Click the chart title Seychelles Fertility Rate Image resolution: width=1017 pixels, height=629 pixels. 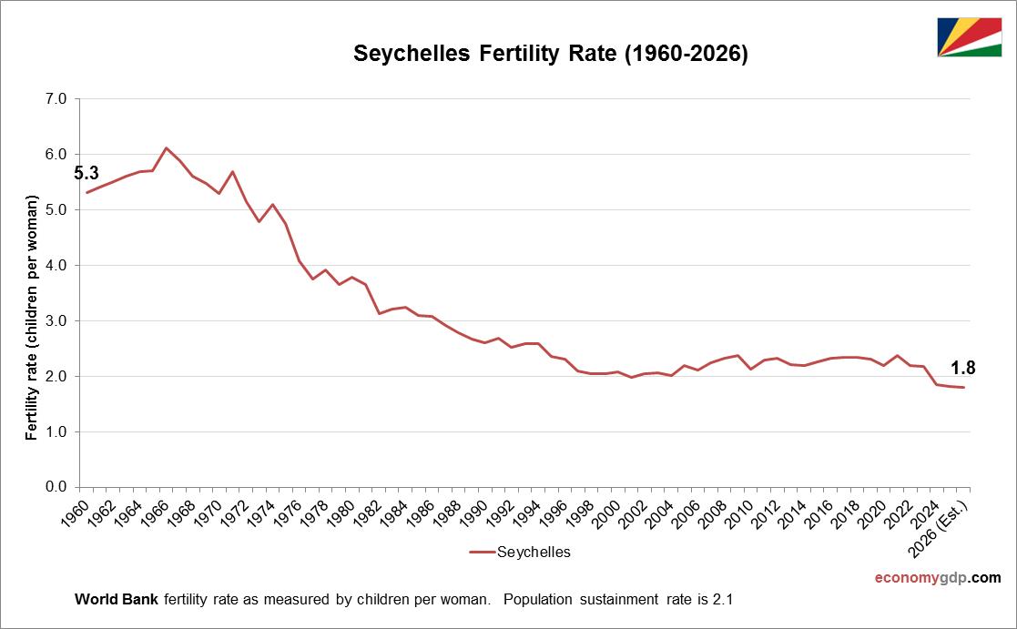[x=550, y=55]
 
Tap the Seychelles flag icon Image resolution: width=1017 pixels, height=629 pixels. [x=970, y=37]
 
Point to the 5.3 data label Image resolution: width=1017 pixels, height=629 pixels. [x=86, y=173]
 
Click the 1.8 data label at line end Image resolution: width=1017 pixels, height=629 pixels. [x=963, y=368]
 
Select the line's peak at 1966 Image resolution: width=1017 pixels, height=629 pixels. [x=166, y=147]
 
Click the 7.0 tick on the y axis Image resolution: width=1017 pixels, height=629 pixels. [x=56, y=98]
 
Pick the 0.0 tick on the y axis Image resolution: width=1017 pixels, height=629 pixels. [x=56, y=487]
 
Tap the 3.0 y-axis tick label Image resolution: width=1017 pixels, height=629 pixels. [x=56, y=320]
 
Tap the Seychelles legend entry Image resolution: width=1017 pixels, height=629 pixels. [x=520, y=552]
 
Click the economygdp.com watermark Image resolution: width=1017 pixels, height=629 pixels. [x=937, y=578]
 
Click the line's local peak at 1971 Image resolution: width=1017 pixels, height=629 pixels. [x=232, y=171]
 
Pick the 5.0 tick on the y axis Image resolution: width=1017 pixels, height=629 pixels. [x=56, y=209]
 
